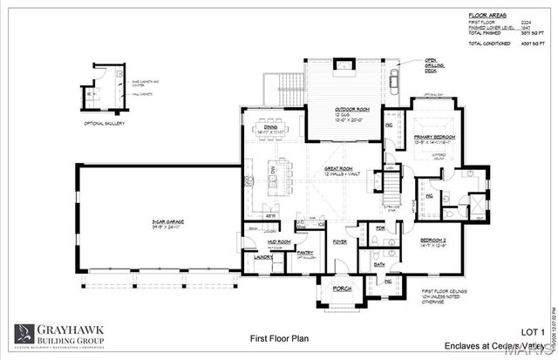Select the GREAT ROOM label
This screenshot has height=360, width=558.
click(x=337, y=169)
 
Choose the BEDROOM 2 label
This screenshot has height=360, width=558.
click(x=433, y=239)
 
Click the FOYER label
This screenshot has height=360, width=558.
click(x=339, y=242)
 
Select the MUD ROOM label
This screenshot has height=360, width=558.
click(x=278, y=241)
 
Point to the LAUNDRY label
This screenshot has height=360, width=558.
click(x=263, y=257)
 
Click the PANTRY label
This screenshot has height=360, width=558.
click(x=305, y=253)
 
